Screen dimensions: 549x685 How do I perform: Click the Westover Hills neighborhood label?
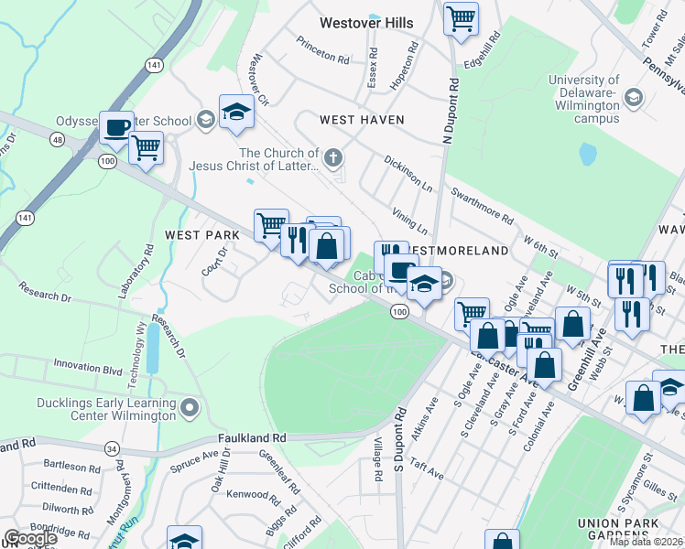[366, 23]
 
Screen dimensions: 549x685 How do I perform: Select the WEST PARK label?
[201, 235]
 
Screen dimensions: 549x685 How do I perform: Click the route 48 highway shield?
[59, 139]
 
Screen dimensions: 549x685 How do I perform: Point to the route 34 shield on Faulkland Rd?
[112, 448]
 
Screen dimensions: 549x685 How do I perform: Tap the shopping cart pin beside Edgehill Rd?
[461, 17]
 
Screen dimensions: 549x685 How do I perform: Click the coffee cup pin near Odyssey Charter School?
[116, 129]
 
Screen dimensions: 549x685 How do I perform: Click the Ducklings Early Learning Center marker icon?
[190, 405]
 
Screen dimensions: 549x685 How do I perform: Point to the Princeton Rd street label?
[322, 51]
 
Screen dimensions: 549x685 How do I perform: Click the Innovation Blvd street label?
[87, 371]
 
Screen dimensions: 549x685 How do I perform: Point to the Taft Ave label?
[427, 470]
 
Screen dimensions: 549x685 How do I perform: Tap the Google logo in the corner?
[30, 538]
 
